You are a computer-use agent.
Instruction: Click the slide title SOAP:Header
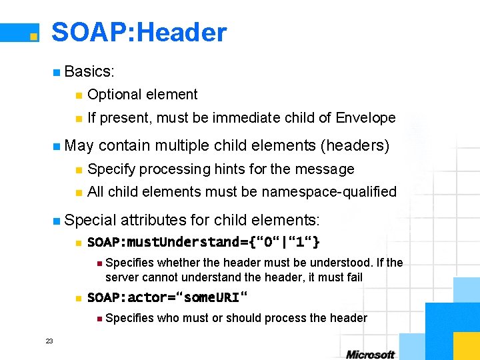tap(139, 33)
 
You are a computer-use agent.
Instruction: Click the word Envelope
tap(366, 118)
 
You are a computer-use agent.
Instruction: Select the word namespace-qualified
tap(329, 192)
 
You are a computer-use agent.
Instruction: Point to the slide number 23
tap(49, 341)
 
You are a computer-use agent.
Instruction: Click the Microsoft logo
tap(370, 354)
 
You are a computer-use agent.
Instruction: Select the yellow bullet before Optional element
tap(78, 95)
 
